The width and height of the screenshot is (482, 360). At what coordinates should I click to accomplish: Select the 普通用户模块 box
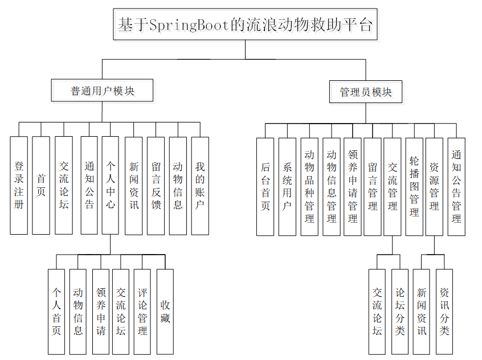point(103,91)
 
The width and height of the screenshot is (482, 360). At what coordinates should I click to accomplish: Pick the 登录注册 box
point(19,185)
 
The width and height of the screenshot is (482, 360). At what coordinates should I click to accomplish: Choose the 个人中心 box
point(111,185)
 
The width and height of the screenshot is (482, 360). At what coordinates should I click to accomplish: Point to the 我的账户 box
point(199,185)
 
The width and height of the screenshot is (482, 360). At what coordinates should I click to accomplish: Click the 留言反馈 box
point(156,185)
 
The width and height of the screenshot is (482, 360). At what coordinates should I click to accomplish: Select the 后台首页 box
point(265,186)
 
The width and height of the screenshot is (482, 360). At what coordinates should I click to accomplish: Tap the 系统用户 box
point(287,186)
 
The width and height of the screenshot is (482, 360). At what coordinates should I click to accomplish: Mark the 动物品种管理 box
point(309,186)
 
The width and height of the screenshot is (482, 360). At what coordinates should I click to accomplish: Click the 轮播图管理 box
point(414,186)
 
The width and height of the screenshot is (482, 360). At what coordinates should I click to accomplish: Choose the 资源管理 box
point(434,186)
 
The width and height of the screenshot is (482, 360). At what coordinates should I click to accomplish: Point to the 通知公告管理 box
point(456,186)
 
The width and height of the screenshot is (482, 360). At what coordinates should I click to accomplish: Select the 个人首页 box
point(56,312)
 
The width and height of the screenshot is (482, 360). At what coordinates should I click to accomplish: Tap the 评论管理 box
point(142,312)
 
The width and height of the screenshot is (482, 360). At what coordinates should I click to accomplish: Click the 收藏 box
point(165,312)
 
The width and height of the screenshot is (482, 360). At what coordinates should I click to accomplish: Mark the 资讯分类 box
point(444,312)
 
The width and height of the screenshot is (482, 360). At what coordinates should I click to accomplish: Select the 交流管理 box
point(393,186)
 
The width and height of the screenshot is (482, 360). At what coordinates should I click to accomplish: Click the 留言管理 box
point(373,186)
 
